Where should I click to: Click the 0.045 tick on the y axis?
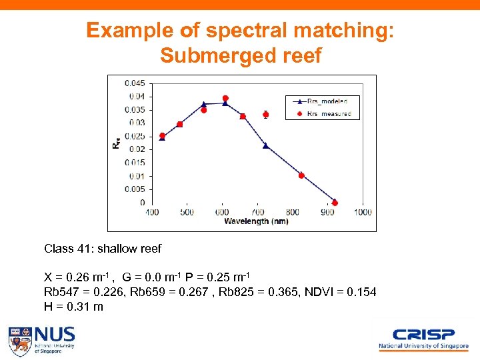135,83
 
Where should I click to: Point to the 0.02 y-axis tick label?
137,149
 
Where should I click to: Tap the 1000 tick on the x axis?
363,213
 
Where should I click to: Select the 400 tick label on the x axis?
152,213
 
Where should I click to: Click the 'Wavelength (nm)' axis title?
256,221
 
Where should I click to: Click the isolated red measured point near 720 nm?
265,115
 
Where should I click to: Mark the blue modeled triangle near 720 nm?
265,145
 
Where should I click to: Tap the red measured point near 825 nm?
301,175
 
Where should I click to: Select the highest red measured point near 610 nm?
225,98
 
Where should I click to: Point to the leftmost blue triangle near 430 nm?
162,138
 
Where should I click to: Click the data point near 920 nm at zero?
335,203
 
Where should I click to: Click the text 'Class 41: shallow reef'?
103,249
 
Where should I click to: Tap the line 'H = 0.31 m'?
73,307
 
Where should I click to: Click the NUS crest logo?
20,341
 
